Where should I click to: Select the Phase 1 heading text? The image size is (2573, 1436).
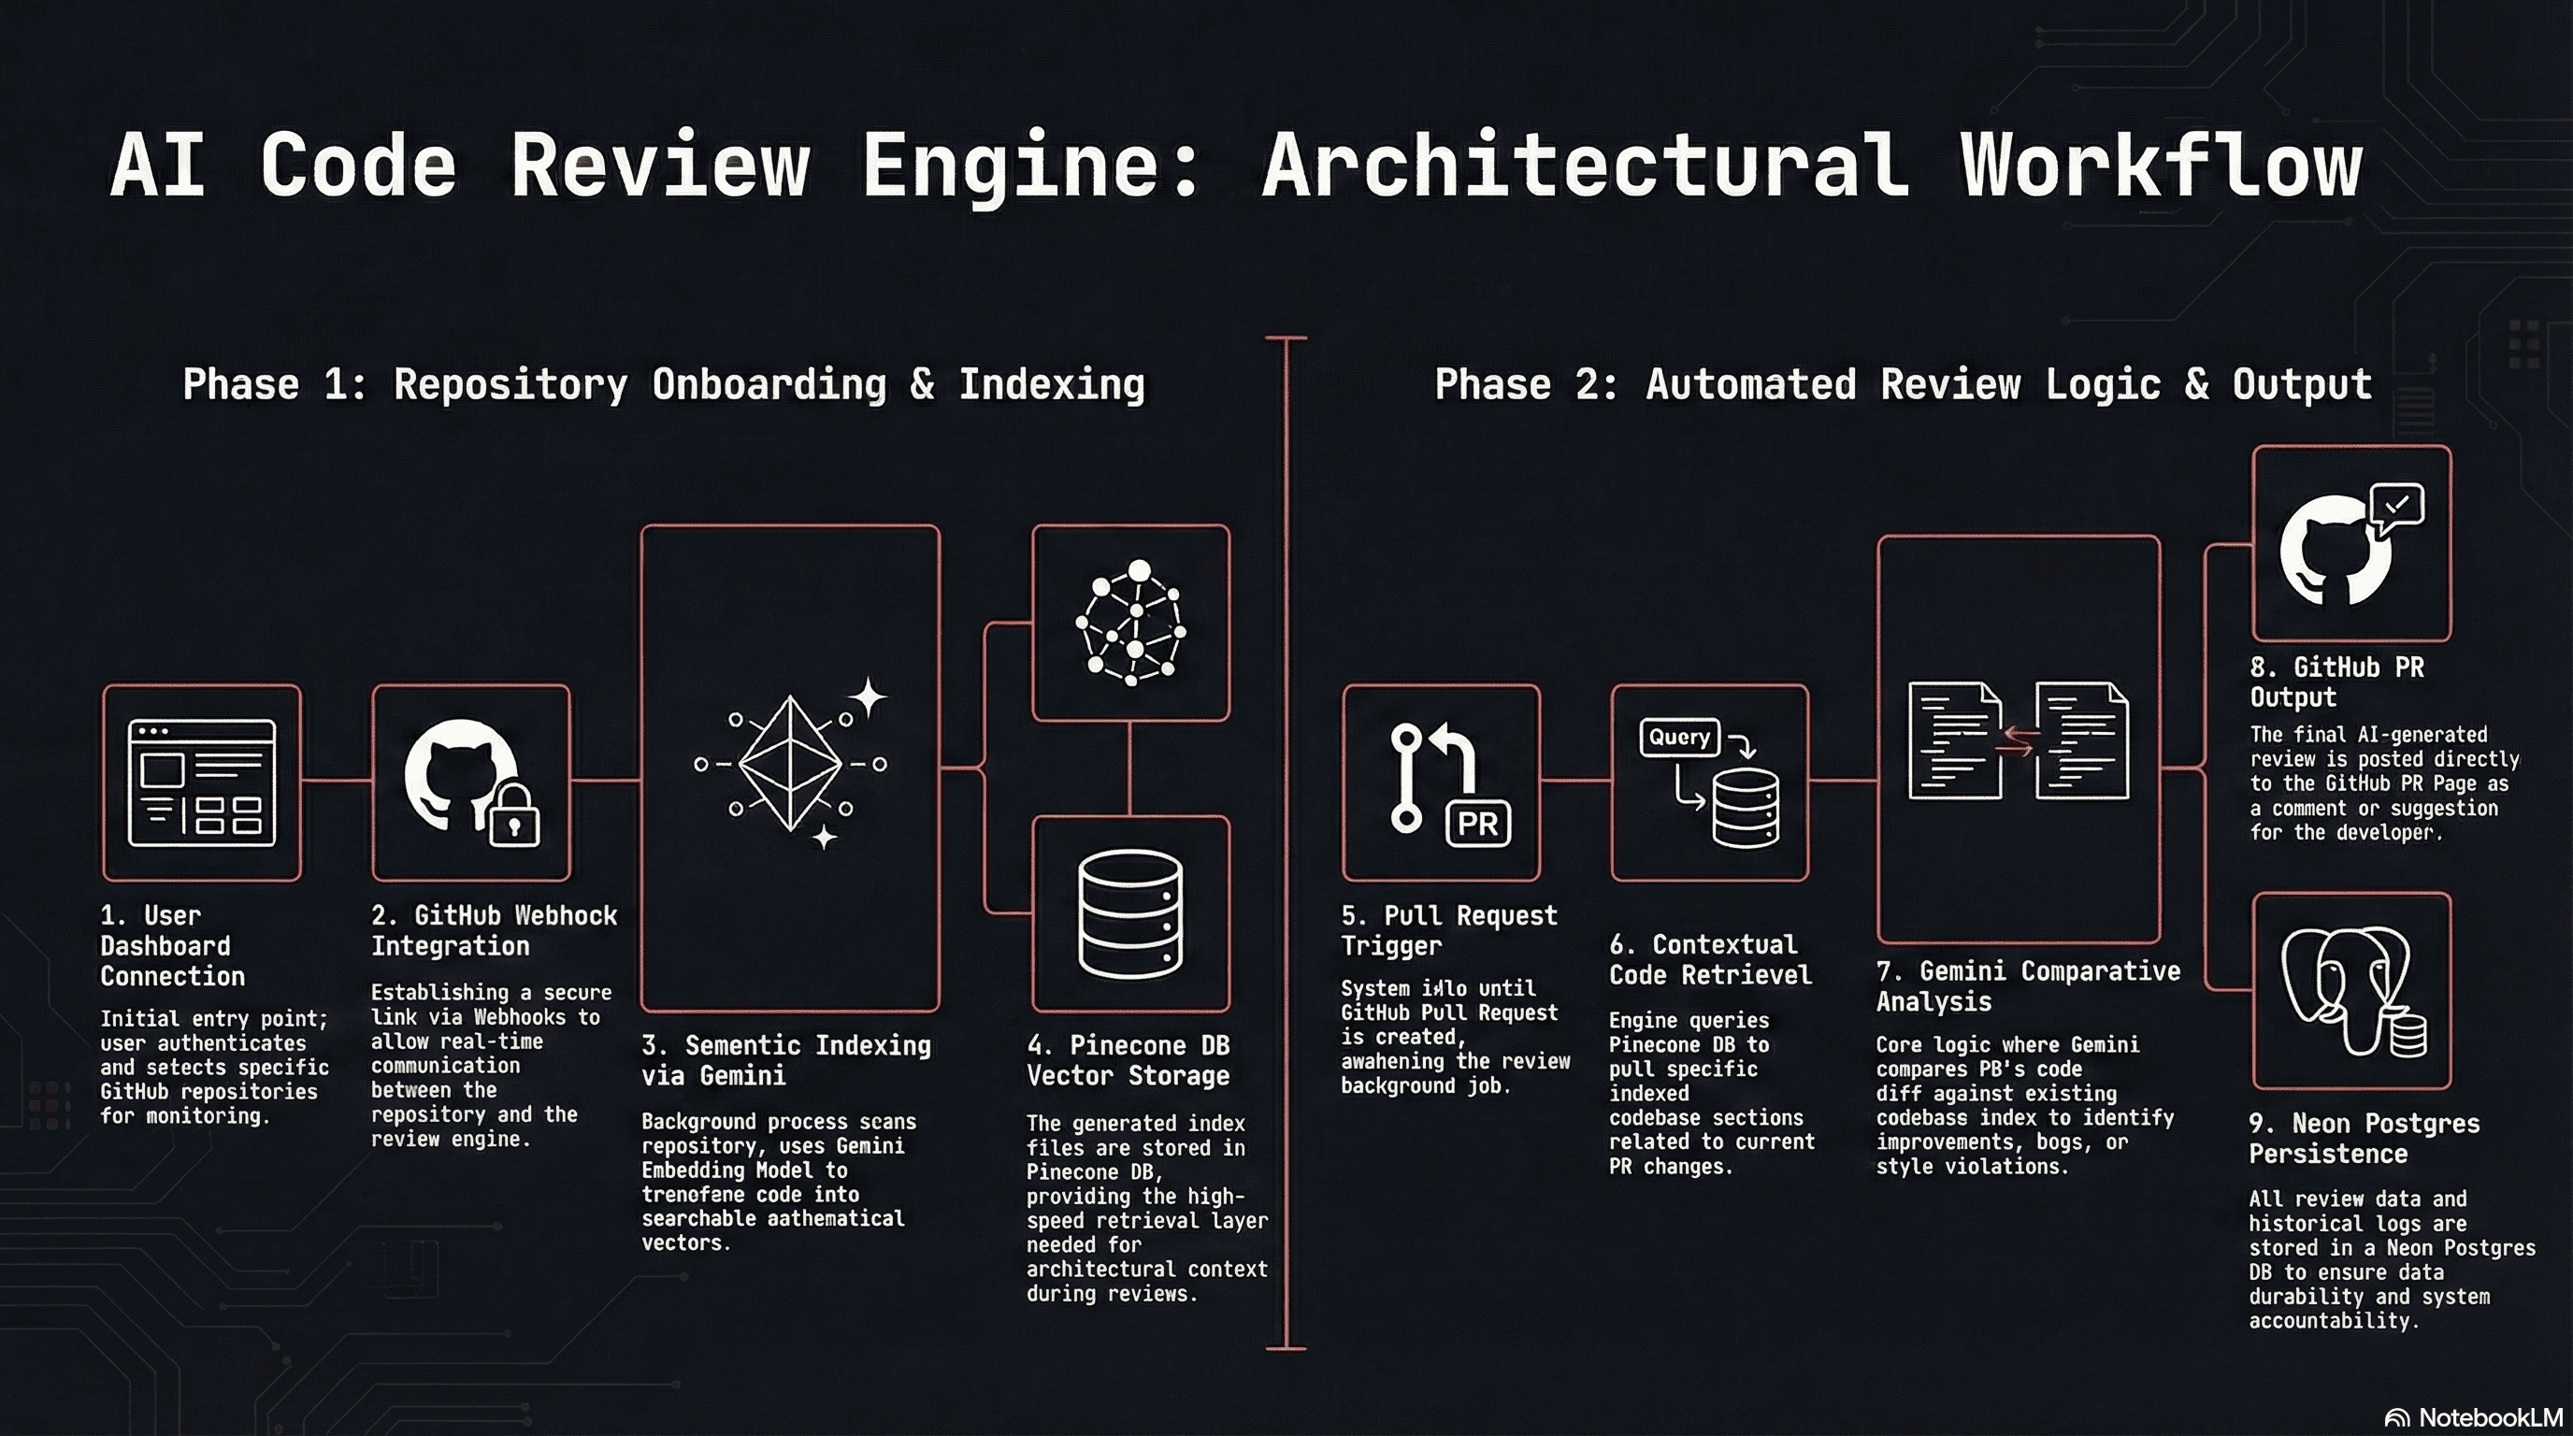pyautogui.click(x=663, y=384)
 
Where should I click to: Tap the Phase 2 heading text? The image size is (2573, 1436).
pyautogui.click(x=1903, y=384)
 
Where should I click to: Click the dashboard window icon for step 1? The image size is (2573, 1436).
pyautogui.click(x=202, y=783)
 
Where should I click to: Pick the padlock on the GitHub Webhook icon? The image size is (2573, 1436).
pyautogui.click(x=514, y=815)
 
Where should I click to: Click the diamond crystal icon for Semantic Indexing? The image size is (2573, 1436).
pyautogui.click(x=790, y=764)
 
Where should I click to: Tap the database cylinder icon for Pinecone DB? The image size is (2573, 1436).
pyautogui.click(x=1130, y=913)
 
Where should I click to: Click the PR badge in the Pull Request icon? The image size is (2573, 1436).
pyautogui.click(x=1478, y=824)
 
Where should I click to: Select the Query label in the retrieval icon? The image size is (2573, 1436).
pyautogui.click(x=1679, y=737)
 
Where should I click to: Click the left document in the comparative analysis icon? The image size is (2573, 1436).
pyautogui.click(x=1954, y=741)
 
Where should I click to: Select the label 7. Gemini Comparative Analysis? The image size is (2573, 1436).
pyautogui.click(x=2028, y=985)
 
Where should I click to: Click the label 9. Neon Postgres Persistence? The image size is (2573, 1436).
pyautogui.click(x=2364, y=1139)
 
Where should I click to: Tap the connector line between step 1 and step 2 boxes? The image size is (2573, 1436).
pyautogui.click(x=337, y=780)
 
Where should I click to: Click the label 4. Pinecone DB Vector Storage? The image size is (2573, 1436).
pyautogui.click(x=1128, y=1059)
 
